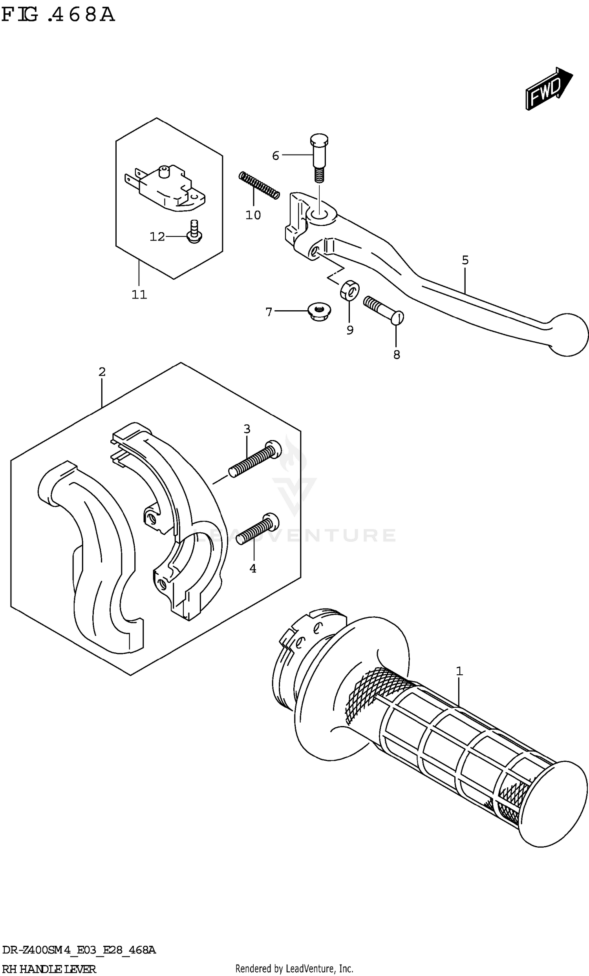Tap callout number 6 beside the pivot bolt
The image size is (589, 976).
276,156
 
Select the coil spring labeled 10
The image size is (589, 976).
259,185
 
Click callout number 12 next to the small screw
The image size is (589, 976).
157,237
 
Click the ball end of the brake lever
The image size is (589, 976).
568,334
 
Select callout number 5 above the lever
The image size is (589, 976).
465,260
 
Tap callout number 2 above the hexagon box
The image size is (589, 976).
102,372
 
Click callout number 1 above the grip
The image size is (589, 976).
459,672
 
